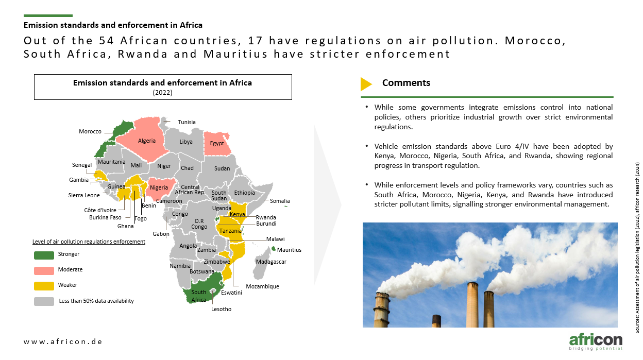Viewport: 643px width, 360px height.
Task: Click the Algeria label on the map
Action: (147, 141)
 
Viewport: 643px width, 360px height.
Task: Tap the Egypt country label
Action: (217, 143)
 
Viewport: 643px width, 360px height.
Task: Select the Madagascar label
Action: (271, 262)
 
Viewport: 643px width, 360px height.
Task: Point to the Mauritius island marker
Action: (274, 248)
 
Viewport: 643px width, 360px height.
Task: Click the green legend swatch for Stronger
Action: (44, 255)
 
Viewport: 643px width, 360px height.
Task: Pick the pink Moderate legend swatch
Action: (44, 270)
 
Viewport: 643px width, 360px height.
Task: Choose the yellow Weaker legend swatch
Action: (44, 286)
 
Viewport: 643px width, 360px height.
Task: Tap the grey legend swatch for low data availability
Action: (44, 301)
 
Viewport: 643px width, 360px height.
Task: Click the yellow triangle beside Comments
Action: (366, 84)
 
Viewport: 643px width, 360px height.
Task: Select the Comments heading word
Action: (406, 82)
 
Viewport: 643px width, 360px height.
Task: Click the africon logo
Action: (596, 341)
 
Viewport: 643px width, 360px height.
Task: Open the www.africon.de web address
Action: (63, 341)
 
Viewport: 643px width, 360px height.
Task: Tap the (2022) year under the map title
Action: (162, 92)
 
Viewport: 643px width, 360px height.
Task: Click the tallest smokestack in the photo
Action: (472, 305)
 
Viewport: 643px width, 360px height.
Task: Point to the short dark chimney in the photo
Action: (436, 321)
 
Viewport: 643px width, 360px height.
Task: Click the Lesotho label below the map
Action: (221, 309)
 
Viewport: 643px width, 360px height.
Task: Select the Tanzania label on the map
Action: (230, 231)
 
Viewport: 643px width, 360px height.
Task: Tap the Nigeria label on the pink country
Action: (159, 187)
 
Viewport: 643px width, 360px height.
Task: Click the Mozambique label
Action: (262, 286)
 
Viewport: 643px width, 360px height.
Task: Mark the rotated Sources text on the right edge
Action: (637, 248)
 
